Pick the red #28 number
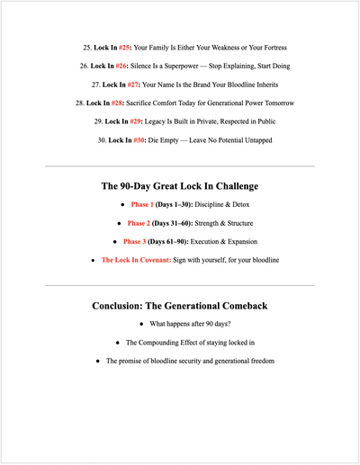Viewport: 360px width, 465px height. pyautogui.click(x=117, y=103)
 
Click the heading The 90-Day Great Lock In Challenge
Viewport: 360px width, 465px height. pyautogui.click(x=180, y=186)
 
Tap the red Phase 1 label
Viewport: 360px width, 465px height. pyautogui.click(x=145, y=204)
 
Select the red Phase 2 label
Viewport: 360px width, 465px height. pyautogui.click(x=139, y=222)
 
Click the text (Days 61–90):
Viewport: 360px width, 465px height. pyautogui.click(x=176, y=241)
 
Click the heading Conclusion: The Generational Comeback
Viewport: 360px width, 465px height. pyautogui.click(x=180, y=306)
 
